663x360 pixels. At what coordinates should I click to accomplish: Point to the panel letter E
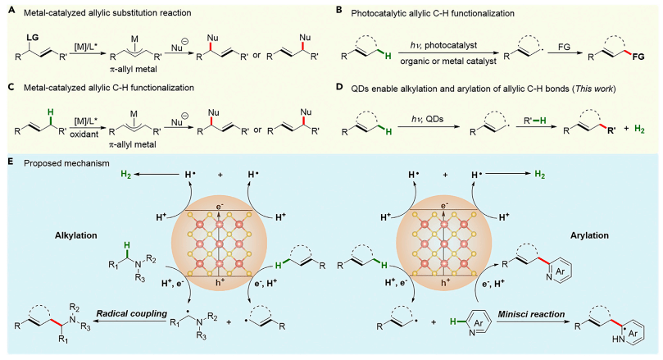coord(7,162)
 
